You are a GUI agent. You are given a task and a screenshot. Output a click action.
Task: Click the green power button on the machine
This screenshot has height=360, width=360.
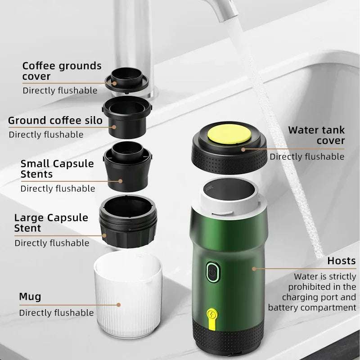point(212,271)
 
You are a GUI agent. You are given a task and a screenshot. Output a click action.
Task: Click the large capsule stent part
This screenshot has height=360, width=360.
point(129,223)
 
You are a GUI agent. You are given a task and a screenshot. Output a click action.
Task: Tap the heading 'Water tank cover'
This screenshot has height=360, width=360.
point(317,135)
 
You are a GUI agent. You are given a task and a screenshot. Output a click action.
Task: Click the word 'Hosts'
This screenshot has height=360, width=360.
point(342,261)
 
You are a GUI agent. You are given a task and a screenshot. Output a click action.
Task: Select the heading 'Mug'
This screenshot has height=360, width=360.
point(30,297)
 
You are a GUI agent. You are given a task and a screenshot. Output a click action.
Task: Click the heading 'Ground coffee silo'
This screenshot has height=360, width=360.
point(55,121)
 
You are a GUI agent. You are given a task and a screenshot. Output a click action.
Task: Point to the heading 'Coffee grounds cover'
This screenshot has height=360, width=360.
point(62,71)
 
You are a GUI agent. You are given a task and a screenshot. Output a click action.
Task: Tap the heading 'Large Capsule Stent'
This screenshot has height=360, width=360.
point(51,223)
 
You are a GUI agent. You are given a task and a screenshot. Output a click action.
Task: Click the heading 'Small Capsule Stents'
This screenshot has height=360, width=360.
point(57,168)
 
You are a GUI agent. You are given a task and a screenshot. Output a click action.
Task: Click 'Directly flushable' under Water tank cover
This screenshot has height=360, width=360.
point(307,157)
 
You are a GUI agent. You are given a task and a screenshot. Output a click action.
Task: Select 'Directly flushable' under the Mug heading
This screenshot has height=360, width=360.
point(56,313)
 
